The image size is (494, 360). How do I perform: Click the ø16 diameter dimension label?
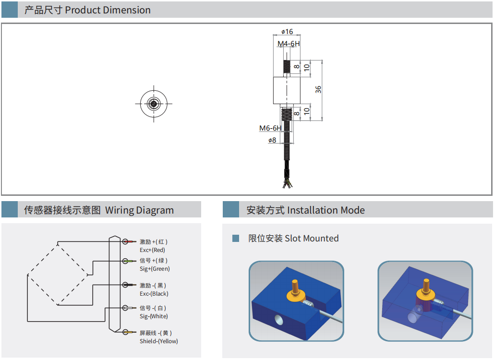click(287, 32)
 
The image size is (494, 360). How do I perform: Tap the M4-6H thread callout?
click(288, 44)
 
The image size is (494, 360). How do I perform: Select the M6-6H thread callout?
click(270, 128)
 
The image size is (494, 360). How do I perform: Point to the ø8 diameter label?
click(272, 140)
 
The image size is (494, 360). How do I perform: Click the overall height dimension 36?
click(318, 89)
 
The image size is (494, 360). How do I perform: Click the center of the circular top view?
click(154, 104)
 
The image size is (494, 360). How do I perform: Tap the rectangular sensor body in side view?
click(287, 90)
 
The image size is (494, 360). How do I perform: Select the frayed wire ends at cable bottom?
click(288, 183)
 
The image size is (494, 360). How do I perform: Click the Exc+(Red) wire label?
click(152, 250)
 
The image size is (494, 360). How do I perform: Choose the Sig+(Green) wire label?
click(155, 269)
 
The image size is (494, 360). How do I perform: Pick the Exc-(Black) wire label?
click(154, 294)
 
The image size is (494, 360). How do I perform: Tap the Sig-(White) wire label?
click(154, 316)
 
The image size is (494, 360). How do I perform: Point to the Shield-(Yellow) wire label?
click(159, 341)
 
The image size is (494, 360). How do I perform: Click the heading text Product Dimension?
click(108, 10)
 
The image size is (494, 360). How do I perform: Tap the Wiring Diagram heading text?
click(139, 210)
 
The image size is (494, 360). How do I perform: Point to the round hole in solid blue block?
click(278, 320)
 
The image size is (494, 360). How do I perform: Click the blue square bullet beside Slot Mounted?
click(236, 238)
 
